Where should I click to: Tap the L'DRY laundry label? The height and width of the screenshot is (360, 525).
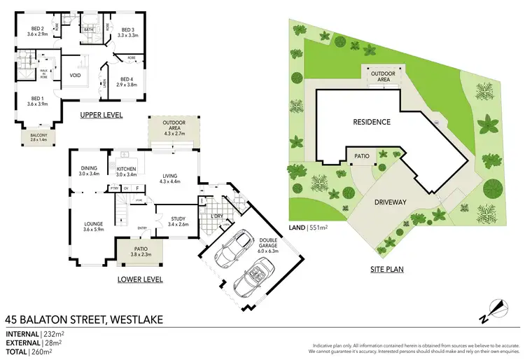pyautogui.click(x=216, y=215)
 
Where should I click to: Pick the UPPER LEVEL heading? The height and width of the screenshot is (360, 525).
pyautogui.click(x=102, y=115)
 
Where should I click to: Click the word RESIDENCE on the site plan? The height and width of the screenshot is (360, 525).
pyautogui.click(x=371, y=122)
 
